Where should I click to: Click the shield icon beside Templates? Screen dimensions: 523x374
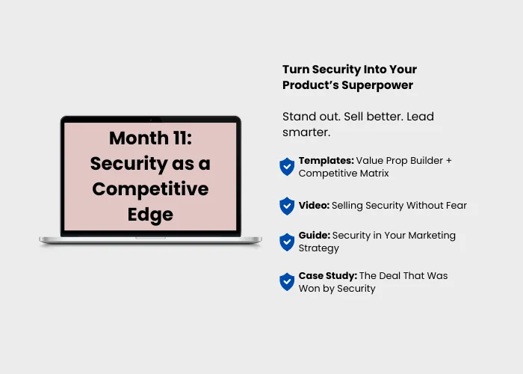287,167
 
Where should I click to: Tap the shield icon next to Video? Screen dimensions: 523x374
287,206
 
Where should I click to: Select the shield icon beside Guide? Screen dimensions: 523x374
287,242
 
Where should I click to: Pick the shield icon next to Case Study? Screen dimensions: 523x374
287,282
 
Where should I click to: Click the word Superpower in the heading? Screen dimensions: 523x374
377,85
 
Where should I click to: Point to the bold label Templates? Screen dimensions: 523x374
327,161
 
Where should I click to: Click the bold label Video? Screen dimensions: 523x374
314,206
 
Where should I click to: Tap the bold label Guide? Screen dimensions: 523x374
315,236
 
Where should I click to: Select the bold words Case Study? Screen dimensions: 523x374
327,276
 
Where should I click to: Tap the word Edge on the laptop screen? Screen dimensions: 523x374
150,215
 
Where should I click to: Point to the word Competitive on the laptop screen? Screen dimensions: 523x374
150,189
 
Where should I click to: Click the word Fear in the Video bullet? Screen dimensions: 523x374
457,206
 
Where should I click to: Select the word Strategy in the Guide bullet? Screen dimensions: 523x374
318,248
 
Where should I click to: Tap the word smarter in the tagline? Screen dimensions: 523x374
306,132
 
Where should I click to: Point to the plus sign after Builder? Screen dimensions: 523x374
448,161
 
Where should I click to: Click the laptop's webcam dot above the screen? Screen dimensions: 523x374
151,119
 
